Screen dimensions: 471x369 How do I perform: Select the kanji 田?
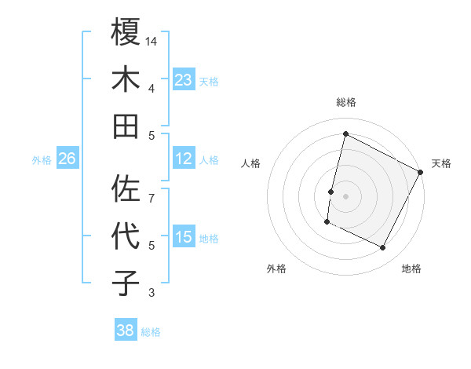coord(126,126)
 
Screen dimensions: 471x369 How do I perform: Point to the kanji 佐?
coord(126,188)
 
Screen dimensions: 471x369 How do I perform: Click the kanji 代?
coord(126,236)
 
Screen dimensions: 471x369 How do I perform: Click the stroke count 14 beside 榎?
coord(152,41)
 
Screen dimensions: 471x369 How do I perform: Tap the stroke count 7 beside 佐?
coord(152,189)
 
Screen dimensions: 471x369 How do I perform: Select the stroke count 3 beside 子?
coord(152,294)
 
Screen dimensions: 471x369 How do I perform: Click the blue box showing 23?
coord(184,79)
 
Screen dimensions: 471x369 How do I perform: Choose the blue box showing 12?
coord(184,159)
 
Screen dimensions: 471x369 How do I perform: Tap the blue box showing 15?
coord(184,237)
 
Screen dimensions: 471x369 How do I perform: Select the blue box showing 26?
coord(67,159)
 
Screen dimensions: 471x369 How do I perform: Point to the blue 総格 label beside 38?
coord(151,332)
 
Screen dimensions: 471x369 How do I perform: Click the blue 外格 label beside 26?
coord(42,160)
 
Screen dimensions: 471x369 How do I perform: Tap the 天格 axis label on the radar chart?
coord(441,163)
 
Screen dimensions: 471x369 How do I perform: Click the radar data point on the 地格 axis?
coord(383,248)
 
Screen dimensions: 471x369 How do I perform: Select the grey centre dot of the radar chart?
coord(345,195)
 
